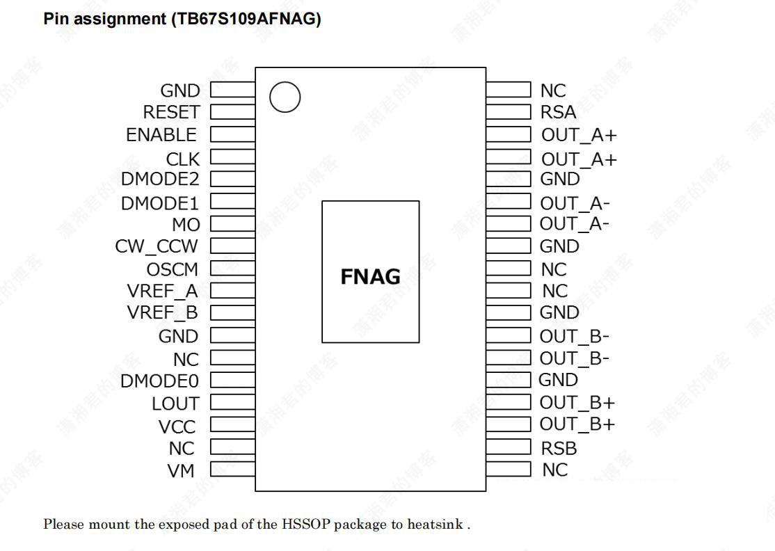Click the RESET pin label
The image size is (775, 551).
[x=171, y=112]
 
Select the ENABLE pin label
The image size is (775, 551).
[x=161, y=134]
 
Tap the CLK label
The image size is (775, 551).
[x=182, y=159]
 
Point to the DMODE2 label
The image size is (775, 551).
[x=160, y=179]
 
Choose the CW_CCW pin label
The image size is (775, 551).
[x=157, y=246]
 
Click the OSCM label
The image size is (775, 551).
[x=172, y=269]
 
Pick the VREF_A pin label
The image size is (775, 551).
[x=162, y=291]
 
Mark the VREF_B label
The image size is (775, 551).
[x=162, y=312]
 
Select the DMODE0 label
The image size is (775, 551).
[x=159, y=381]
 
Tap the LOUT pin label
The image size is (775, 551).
[x=175, y=404]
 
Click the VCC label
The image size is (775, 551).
[x=177, y=426]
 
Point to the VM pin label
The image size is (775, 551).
[x=181, y=471]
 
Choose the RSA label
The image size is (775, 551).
[x=558, y=112]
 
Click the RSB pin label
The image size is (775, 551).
[x=559, y=448]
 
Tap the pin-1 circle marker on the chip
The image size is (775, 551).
[x=285, y=97]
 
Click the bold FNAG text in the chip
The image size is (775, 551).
[x=370, y=277]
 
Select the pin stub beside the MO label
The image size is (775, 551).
[x=232, y=224]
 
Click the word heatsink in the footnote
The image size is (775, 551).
[x=435, y=524]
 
